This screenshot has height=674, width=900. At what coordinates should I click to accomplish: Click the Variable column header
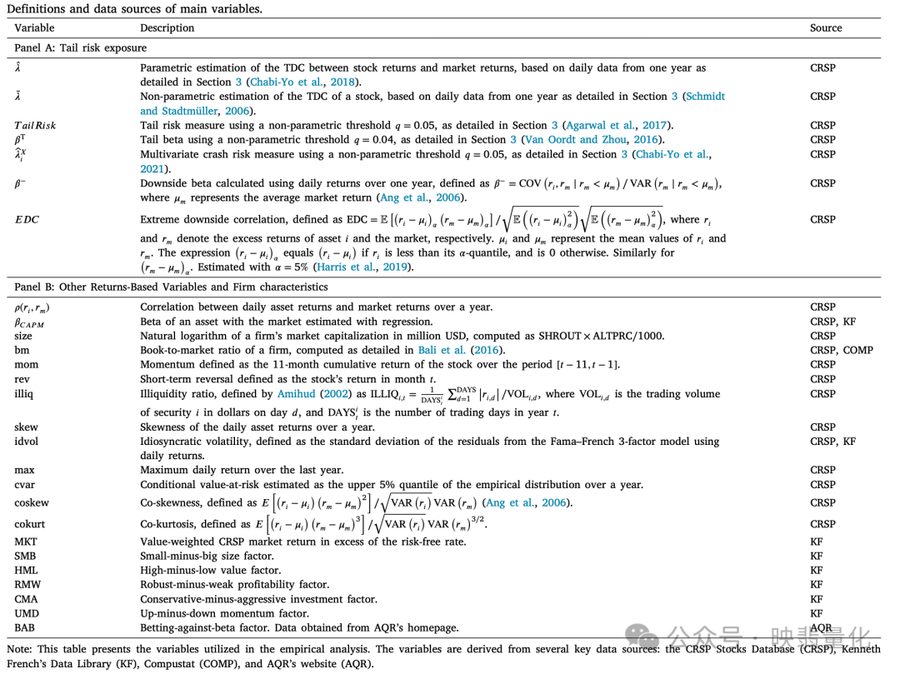tap(34, 28)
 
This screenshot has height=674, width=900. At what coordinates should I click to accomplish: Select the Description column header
tap(167, 28)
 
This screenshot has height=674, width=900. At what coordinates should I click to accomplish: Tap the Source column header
tap(826, 28)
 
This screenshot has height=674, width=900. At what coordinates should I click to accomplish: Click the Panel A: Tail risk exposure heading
tap(80, 47)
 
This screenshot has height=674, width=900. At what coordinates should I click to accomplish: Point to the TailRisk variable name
tap(35, 125)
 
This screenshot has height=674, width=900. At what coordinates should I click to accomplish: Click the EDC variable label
tap(27, 219)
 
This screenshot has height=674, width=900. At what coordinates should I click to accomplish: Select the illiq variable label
tap(25, 393)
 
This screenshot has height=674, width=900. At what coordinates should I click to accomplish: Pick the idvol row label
tap(26, 442)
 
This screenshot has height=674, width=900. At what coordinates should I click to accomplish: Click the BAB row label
tap(25, 627)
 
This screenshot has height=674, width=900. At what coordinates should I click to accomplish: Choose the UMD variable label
tap(26, 613)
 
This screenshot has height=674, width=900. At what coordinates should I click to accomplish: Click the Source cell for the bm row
tap(842, 350)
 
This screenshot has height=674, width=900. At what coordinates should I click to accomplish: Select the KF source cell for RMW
tap(817, 585)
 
